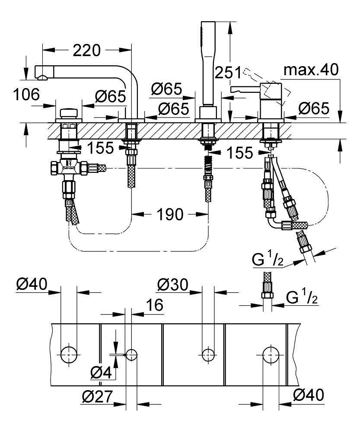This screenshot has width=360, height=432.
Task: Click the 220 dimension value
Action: tap(86, 51)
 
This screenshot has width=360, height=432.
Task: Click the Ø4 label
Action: tap(102, 372)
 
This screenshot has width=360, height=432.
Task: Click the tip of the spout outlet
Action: tap(41, 78)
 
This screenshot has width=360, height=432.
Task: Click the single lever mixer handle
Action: tap(244, 89)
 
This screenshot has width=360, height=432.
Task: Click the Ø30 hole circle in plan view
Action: tap(208, 355)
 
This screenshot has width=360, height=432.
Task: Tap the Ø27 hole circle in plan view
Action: tap(131, 355)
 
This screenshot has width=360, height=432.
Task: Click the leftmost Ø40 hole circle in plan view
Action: tap(68, 355)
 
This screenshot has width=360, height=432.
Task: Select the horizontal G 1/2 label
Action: tap(301, 297)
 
